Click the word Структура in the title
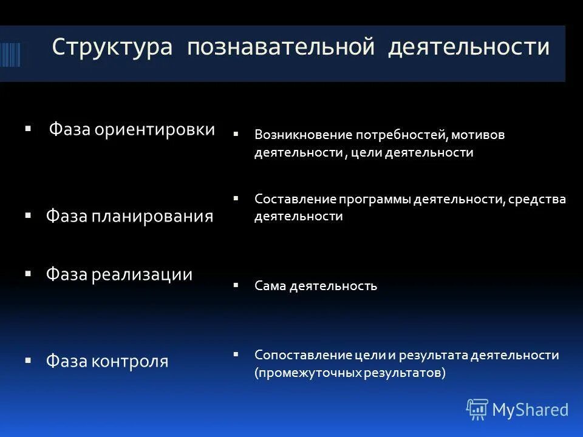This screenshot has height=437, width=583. [x=113, y=48]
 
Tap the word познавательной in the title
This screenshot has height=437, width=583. [x=281, y=48]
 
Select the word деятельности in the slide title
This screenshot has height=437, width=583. [x=468, y=48]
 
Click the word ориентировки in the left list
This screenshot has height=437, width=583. [x=155, y=129]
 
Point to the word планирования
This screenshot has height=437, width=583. [x=152, y=217]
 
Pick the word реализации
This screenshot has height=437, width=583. [x=142, y=274]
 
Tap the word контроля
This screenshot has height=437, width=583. [x=130, y=362]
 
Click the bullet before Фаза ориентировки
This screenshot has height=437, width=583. [x=28, y=129]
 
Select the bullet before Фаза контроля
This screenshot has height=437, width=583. [x=28, y=361]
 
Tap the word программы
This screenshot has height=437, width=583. [x=375, y=199]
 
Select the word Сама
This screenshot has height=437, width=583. [x=270, y=286]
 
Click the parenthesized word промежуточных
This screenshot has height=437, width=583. [x=310, y=373]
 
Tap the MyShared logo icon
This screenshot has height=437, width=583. [x=477, y=410]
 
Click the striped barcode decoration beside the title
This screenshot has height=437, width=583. [x=10, y=54]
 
